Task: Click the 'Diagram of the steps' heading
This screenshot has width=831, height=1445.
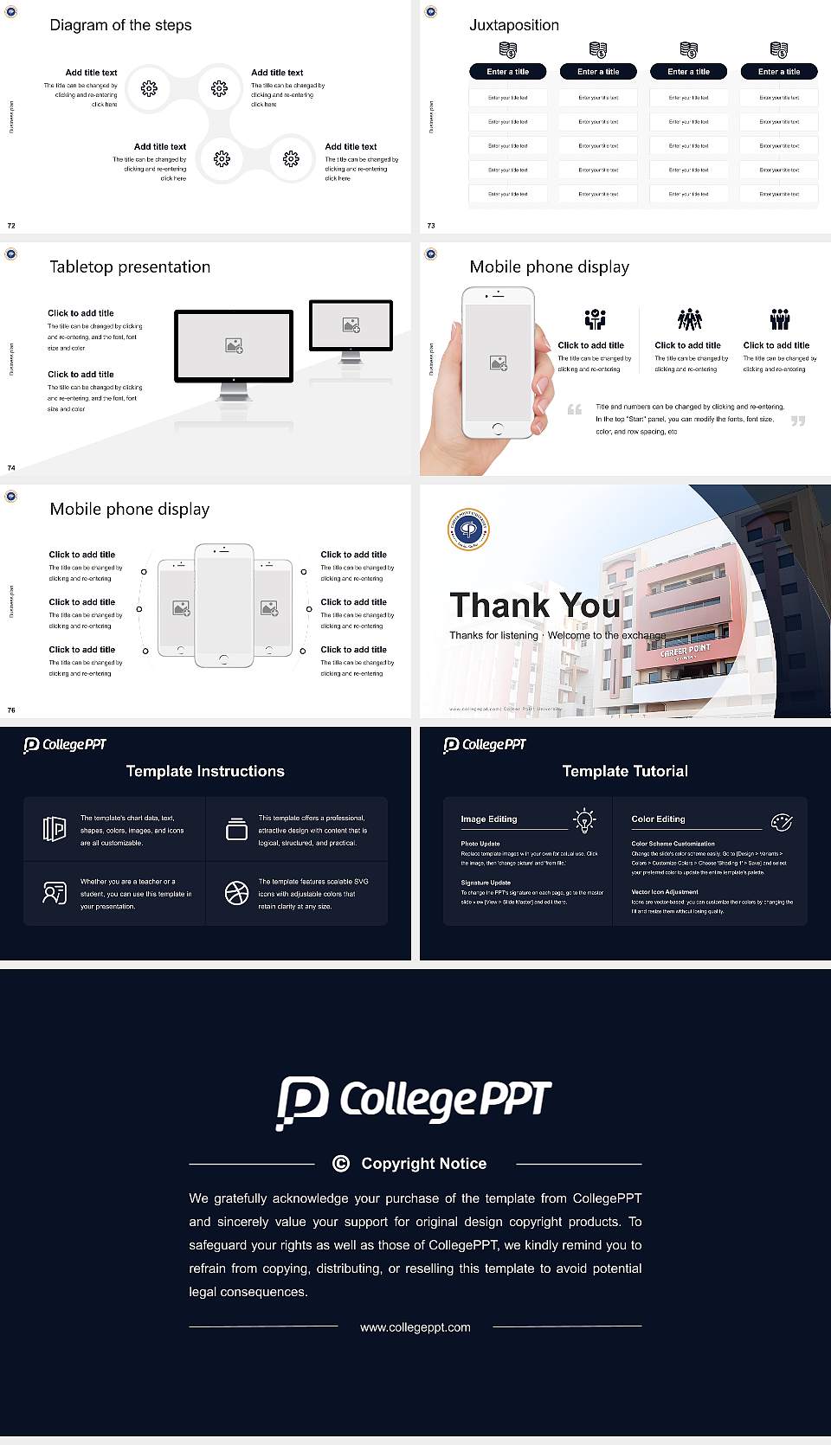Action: [120, 25]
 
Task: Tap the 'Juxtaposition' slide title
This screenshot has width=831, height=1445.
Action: [513, 25]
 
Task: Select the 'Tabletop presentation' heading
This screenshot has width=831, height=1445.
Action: [130, 267]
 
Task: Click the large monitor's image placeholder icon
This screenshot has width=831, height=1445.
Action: [234, 345]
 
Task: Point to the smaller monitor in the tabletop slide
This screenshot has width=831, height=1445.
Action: [351, 326]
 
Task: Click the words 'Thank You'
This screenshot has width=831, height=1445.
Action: [534, 606]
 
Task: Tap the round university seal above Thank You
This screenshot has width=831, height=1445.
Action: [468, 529]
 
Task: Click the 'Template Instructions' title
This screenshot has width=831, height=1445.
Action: [205, 771]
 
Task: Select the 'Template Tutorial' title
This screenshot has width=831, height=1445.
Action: [625, 771]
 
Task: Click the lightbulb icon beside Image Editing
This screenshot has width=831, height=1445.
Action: [584, 819]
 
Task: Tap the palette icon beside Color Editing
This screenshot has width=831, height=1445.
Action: [782, 821]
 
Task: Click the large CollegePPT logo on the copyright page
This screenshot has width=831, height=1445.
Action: [414, 1101]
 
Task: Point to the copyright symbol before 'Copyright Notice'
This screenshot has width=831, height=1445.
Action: [341, 1164]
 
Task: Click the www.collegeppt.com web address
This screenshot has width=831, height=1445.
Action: [415, 1327]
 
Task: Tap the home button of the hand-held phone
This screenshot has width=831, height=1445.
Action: [497, 428]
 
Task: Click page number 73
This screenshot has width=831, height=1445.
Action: [431, 226]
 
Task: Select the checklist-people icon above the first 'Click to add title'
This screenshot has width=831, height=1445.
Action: [595, 319]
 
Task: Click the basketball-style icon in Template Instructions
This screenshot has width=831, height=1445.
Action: [236, 893]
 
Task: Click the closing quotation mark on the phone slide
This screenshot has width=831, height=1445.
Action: [798, 421]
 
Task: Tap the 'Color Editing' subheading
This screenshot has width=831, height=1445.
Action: [658, 819]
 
